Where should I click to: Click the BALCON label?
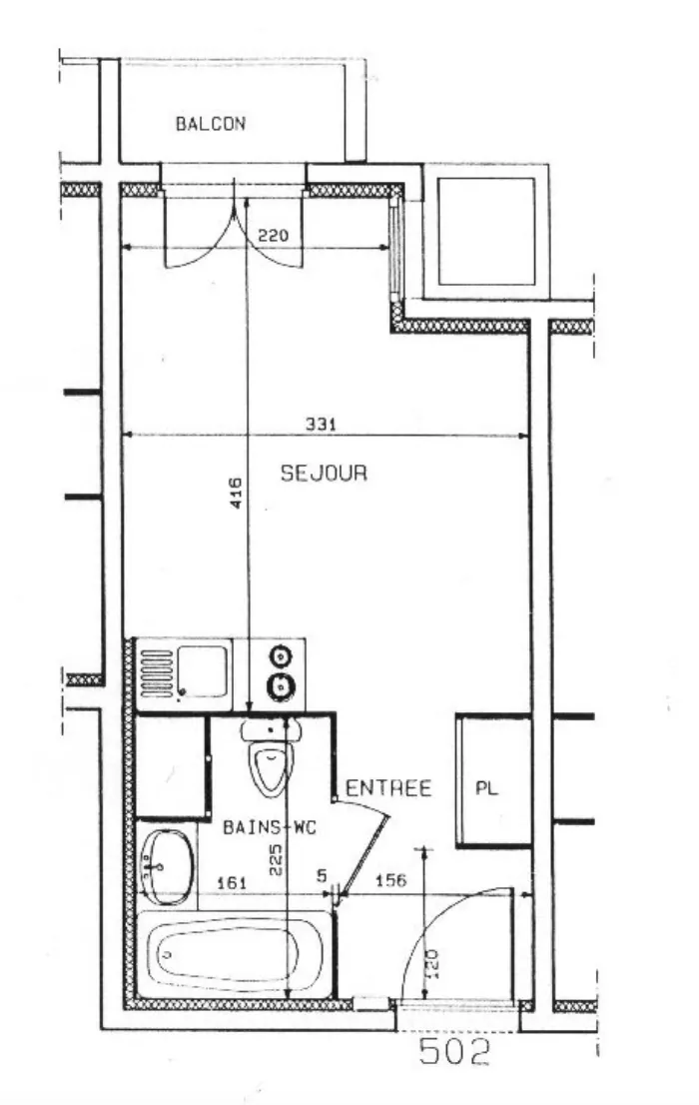coord(211,125)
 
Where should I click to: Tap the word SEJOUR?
coord(324,474)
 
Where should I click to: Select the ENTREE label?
coord(388,789)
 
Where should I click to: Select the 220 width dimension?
coord(273,237)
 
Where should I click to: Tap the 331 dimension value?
coord(321,424)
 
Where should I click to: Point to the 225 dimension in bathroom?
coord(276,857)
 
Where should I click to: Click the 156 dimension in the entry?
coord(389,881)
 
